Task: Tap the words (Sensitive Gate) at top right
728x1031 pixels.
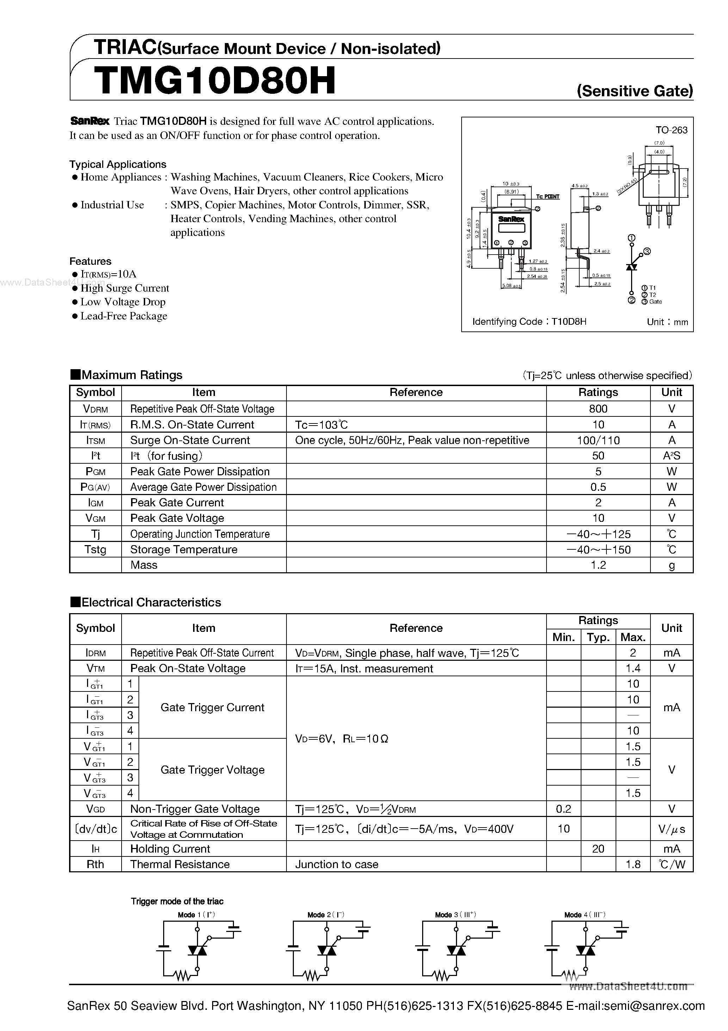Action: click(635, 91)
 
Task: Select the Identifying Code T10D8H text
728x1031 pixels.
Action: click(529, 322)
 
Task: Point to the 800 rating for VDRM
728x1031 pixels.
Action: click(598, 409)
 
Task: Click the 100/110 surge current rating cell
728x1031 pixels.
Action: click(598, 440)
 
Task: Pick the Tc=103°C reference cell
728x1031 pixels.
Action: click(321, 424)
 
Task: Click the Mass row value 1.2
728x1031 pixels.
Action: click(598, 565)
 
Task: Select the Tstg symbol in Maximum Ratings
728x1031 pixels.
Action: click(95, 550)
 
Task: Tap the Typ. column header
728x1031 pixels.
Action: click(598, 637)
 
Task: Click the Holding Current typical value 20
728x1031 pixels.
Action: click(598, 849)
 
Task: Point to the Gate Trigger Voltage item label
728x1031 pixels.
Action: click(212, 770)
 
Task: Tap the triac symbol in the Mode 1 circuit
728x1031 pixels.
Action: click(197, 950)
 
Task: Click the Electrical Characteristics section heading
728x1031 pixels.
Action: click(151, 603)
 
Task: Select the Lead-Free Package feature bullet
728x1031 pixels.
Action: click(123, 316)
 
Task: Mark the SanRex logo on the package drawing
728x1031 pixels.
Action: click(511, 219)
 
